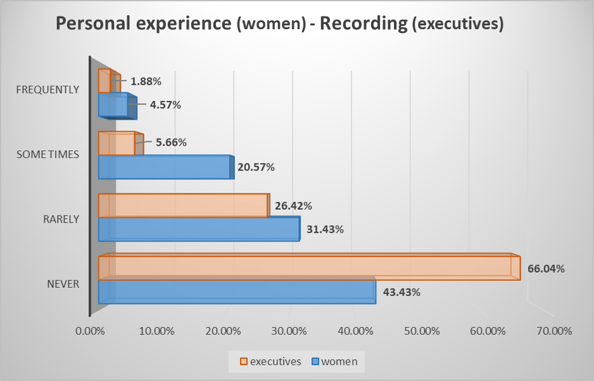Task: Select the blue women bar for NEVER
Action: click(x=237, y=292)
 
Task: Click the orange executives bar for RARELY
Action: click(x=183, y=206)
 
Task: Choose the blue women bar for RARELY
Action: click(x=198, y=229)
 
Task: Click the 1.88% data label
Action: click(x=146, y=81)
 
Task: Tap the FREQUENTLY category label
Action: click(x=48, y=89)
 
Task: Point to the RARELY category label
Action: click(x=61, y=219)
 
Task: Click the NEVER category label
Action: click(x=63, y=284)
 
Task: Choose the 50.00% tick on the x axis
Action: click(x=422, y=331)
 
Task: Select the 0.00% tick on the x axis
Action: click(x=89, y=331)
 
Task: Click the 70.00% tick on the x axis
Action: click(x=554, y=331)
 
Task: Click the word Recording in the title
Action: click(x=364, y=24)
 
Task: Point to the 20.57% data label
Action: click(x=256, y=167)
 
